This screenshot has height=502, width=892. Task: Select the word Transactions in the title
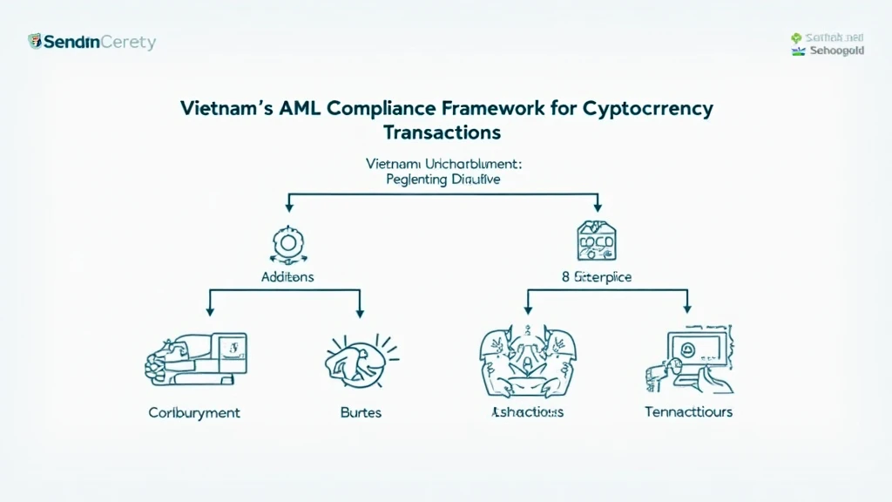(442, 132)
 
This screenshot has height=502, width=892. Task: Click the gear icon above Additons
(288, 243)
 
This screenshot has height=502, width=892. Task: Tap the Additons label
(287, 276)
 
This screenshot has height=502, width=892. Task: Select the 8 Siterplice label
(597, 276)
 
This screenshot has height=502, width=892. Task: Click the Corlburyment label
(194, 411)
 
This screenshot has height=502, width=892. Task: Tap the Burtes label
(360, 411)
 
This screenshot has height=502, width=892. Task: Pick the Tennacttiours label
(688, 411)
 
